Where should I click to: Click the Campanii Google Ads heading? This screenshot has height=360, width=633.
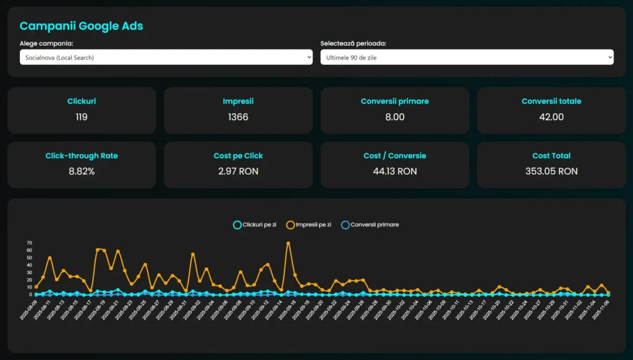[81, 26]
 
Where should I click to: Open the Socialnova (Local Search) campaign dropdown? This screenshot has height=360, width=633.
[166, 58]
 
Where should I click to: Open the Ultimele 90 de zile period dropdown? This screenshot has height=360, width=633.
[467, 58]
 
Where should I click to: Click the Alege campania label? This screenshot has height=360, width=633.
[46, 43]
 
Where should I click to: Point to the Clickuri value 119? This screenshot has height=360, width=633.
[82, 117]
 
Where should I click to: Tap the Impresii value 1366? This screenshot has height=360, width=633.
[238, 117]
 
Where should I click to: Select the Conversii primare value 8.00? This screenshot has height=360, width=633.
[395, 117]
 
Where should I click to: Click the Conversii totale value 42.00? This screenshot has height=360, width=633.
[551, 117]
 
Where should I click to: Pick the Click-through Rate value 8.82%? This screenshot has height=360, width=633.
[82, 171]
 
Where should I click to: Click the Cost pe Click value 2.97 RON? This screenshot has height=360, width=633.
[238, 171]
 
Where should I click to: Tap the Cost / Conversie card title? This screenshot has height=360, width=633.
[395, 156]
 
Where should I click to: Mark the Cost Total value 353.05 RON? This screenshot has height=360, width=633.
[551, 171]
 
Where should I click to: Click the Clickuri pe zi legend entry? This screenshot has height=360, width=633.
[255, 225]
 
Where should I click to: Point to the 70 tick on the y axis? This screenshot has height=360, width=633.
[29, 243]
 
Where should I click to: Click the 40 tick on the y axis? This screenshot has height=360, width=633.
[29, 265]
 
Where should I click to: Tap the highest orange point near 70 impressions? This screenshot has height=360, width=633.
[288, 243]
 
